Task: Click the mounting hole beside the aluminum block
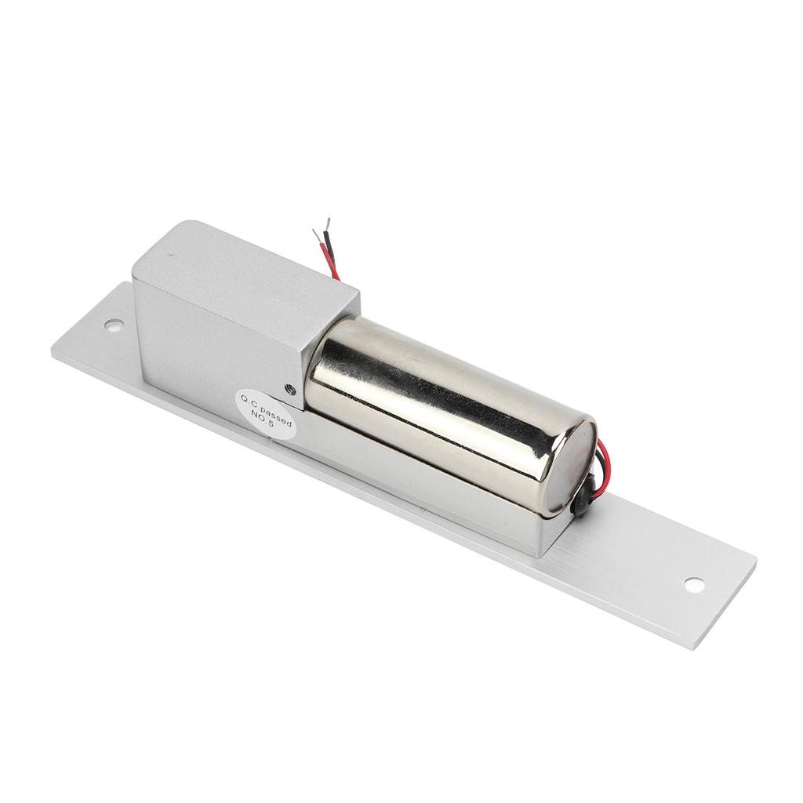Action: point(113,324)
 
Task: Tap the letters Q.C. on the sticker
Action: point(249,399)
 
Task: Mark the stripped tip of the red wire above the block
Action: point(316,235)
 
